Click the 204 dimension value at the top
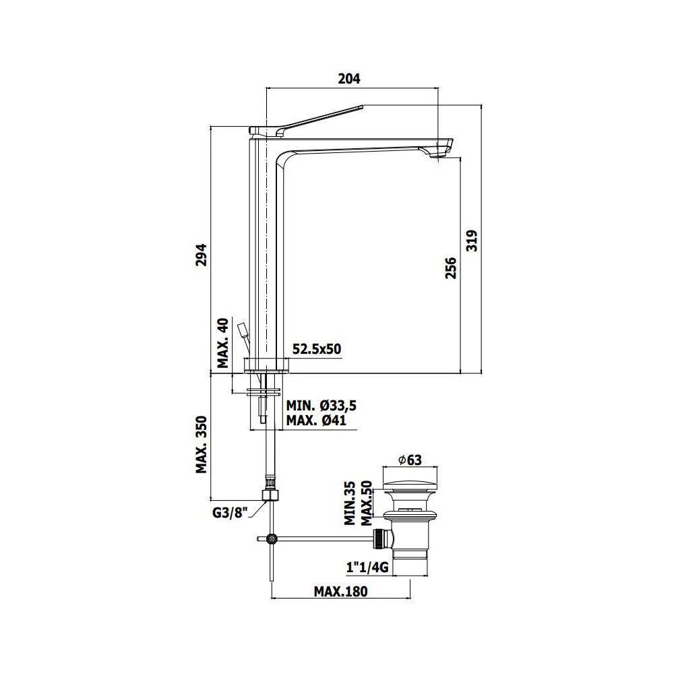pyautogui.click(x=349, y=79)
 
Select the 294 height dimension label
pyautogui.click(x=201, y=255)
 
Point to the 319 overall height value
pyautogui.click(x=472, y=241)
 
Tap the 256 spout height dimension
pyautogui.click(x=450, y=268)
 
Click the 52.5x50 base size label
pyautogui.click(x=317, y=348)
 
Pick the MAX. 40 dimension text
pyautogui.click(x=222, y=344)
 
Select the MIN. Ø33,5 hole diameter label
pyautogui.click(x=321, y=405)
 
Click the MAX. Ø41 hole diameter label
pyautogui.click(x=316, y=420)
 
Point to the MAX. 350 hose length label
pyautogui.click(x=201, y=445)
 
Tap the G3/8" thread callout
pyautogui.click(x=230, y=512)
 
